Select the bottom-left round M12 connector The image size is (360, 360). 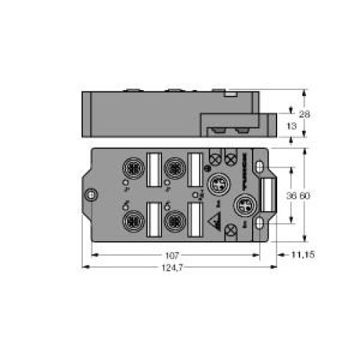132,220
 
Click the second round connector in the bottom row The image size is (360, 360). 173,220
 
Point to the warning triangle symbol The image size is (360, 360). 214,222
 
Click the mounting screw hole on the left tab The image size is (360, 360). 90,195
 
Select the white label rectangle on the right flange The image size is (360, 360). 266,195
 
